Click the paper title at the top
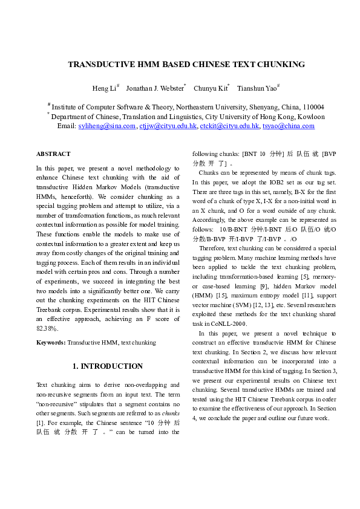tap(186, 64)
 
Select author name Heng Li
tap(105, 89)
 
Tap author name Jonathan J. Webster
tap(154, 89)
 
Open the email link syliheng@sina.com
tap(107, 126)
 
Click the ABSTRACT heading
tap(53, 154)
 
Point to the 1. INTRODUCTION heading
tap(108, 366)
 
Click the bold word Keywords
tap(50, 343)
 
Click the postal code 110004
tap(312, 106)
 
